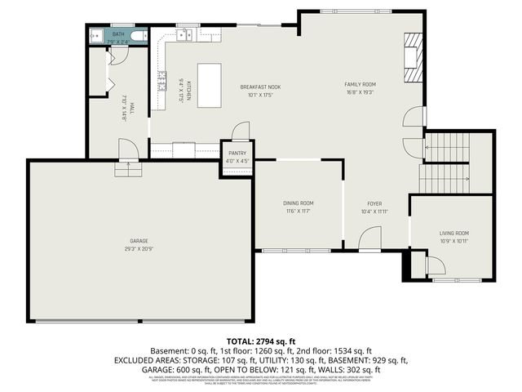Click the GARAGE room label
coord(139,241)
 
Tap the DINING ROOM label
coord(299,203)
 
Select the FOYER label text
coord(374,203)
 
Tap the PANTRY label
coord(237,153)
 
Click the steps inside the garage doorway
coord(128,168)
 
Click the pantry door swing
coord(241,131)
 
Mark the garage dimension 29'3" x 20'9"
coord(139,248)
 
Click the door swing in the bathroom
coord(118,56)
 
